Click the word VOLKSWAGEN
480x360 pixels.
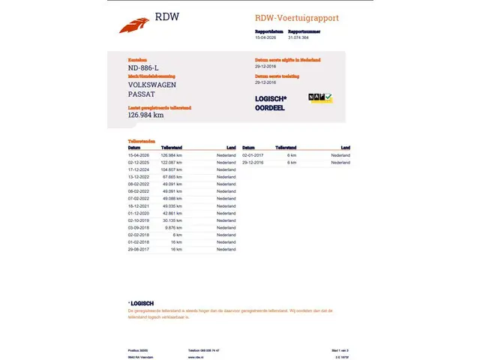152,85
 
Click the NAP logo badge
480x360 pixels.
320,98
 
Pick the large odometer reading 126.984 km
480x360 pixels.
145,115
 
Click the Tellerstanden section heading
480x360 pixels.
142,141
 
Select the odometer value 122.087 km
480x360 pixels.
172,162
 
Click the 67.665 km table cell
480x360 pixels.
172,177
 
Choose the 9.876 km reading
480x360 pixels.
174,227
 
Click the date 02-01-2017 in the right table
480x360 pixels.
253,155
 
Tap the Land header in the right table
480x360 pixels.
345,148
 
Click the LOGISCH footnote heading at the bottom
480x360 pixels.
142,303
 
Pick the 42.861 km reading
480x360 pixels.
172,213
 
